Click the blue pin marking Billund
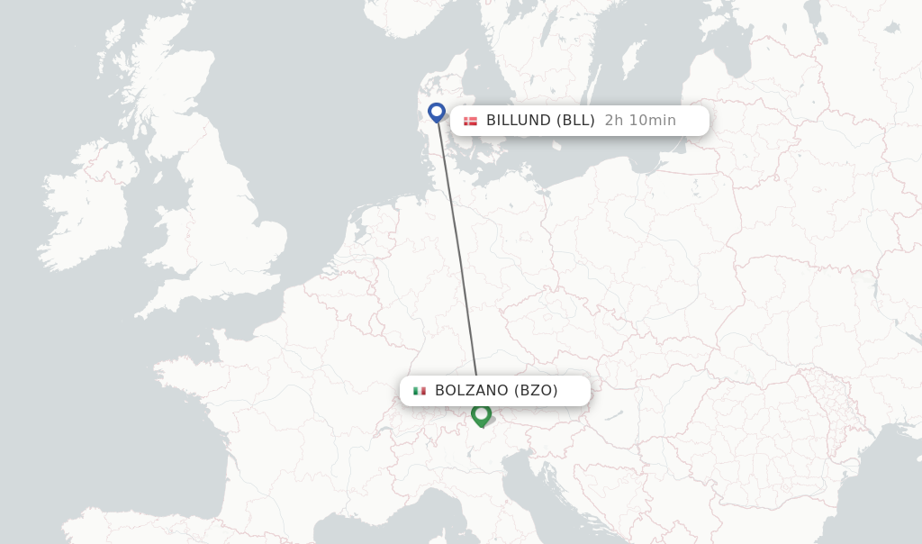437,113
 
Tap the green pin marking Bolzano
481,414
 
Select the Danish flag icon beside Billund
470,121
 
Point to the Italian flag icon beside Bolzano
420,391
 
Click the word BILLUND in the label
519,121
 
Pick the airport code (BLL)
575,121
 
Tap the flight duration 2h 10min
640,121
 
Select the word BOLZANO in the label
471,391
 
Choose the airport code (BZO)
536,391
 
